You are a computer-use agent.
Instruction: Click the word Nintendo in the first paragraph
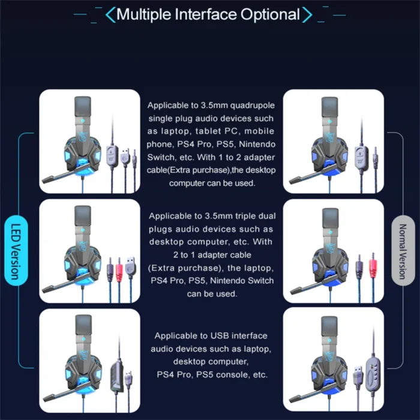coord(257,144)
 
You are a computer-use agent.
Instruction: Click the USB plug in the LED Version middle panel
coord(130,266)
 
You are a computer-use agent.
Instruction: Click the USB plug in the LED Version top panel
coord(125,157)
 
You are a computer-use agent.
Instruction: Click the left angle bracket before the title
coord(110,15)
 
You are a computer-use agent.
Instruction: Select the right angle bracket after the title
coord(307,15)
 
